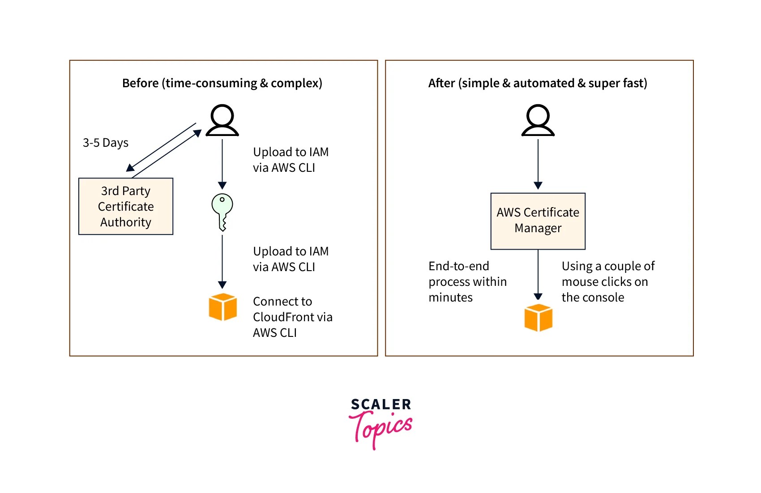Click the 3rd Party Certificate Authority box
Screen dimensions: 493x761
point(126,206)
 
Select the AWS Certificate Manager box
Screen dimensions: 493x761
point(538,221)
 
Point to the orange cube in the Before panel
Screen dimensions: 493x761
point(222,307)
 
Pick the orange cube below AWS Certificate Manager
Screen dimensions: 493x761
point(538,318)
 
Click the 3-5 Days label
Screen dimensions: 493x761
point(106,143)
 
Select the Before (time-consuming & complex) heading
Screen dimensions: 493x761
point(222,83)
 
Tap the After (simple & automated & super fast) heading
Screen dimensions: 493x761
point(538,83)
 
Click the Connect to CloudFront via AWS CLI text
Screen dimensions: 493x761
point(292,317)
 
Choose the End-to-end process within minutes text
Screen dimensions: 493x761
point(467,281)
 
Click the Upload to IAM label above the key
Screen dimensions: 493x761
point(291,160)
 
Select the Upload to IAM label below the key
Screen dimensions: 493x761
point(291,259)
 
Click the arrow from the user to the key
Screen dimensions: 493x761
point(222,163)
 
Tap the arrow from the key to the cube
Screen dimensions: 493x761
point(222,262)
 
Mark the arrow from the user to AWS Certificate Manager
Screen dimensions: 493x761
point(538,163)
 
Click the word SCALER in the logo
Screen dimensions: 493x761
point(381,404)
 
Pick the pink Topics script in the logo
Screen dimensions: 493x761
point(381,428)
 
